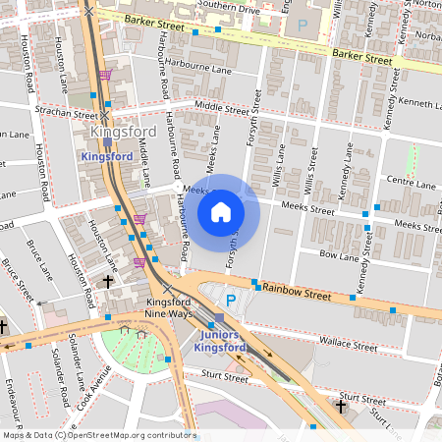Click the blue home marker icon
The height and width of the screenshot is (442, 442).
[221, 211]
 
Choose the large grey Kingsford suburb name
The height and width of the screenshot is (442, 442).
[123, 133]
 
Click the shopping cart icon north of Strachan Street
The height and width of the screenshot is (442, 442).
[104, 75]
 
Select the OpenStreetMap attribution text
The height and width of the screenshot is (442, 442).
[98, 435]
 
